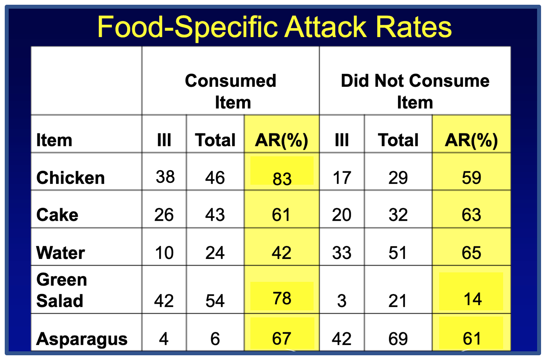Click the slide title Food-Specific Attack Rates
point(274,27)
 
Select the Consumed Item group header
point(231,92)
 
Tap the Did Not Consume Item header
point(415,92)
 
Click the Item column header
point(54,141)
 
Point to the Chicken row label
point(71,178)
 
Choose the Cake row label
point(57,215)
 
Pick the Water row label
point(60,253)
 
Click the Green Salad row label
point(62,290)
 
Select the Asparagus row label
point(82,339)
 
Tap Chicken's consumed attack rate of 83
point(282,179)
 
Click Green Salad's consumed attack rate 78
point(282,298)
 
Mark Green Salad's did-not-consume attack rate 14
point(472,299)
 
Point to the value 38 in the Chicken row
point(165,177)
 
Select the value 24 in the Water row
point(215,253)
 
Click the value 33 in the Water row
point(342,253)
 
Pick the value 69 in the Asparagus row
point(398,339)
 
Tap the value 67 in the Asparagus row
point(282,339)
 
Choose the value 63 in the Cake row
point(472,215)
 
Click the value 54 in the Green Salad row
point(215,301)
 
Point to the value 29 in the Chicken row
point(398,178)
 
